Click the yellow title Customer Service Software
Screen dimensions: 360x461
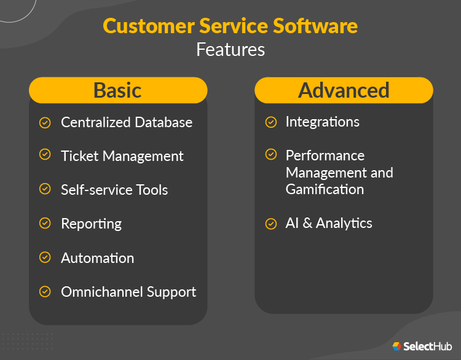tap(230, 26)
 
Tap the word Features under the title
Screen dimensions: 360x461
tap(230, 49)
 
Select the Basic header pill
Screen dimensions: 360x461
tap(117, 90)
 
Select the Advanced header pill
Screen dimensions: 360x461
tap(344, 90)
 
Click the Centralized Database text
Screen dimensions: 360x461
tap(127, 122)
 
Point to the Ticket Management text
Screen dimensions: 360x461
tap(122, 156)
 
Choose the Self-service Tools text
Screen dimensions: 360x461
tap(114, 190)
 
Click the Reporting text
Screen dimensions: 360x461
tap(91, 224)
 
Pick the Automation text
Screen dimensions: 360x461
tap(97, 258)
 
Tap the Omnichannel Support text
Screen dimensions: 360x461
tap(128, 292)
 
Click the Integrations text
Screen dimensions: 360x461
tap(323, 122)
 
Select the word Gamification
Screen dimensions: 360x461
tap(325, 189)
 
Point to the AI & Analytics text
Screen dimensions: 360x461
tap(329, 223)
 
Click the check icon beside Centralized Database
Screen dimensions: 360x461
tap(45, 122)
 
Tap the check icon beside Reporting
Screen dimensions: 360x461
tap(45, 224)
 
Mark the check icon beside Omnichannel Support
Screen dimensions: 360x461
tap(45, 291)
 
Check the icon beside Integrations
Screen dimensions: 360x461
tap(270, 122)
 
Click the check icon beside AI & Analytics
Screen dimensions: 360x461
tap(270, 224)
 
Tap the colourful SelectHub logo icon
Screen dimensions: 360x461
tap(397, 347)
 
